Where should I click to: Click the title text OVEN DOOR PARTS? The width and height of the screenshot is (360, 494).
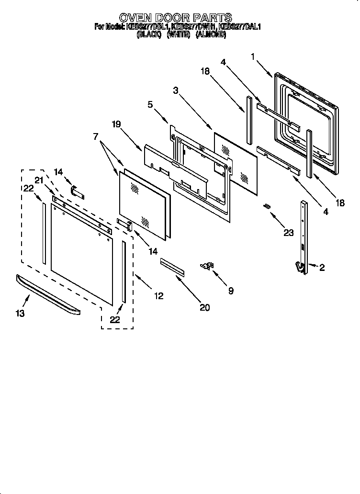click(x=176, y=19)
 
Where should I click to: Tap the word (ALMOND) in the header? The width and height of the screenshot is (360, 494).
click(x=211, y=34)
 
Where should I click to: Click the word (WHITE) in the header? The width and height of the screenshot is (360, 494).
click(x=179, y=34)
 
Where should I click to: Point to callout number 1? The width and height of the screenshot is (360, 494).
click(x=253, y=56)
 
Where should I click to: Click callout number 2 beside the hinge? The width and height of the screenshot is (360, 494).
click(x=322, y=268)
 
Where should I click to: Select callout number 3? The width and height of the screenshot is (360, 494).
click(x=176, y=90)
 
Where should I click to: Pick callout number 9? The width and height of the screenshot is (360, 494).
click(x=231, y=291)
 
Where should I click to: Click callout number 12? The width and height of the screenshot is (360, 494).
click(x=158, y=296)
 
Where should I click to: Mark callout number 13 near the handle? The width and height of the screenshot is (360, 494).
click(x=20, y=314)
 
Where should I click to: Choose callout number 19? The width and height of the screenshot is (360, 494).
click(x=117, y=124)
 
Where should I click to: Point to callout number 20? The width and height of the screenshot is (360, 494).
click(x=204, y=308)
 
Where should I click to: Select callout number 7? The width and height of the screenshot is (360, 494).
click(x=96, y=137)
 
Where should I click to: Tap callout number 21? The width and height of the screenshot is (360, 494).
click(x=38, y=180)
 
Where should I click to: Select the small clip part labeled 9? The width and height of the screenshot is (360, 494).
click(x=208, y=265)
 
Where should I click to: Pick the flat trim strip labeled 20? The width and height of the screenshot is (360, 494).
click(x=172, y=266)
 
